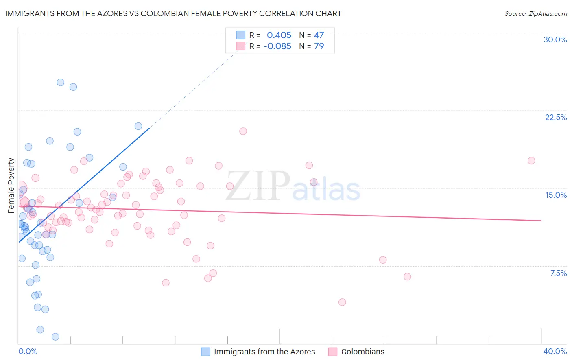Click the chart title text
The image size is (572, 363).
point(173,13)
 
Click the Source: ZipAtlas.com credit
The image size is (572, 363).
point(535,13)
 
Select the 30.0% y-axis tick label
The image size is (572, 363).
point(555,39)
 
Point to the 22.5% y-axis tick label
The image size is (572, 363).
point(556,117)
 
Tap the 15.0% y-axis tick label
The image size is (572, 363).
point(556,195)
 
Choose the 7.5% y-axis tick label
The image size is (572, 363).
point(558,273)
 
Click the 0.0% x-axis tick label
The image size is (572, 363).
point(28,351)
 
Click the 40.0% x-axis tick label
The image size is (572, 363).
point(555,351)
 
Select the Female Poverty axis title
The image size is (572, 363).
point(11,186)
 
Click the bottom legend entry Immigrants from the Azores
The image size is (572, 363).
point(264,352)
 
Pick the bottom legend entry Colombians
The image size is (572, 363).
point(362,352)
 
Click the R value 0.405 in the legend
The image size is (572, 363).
point(279,35)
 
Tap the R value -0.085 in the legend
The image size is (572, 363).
point(277,46)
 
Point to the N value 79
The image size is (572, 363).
point(319,46)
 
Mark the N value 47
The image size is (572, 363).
point(319,35)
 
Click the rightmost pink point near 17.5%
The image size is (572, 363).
point(531,161)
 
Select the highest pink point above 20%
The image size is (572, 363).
point(243,131)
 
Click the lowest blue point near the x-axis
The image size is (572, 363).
point(55,337)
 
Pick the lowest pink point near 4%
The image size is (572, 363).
point(342,302)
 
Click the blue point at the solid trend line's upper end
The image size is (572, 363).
point(138,126)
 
